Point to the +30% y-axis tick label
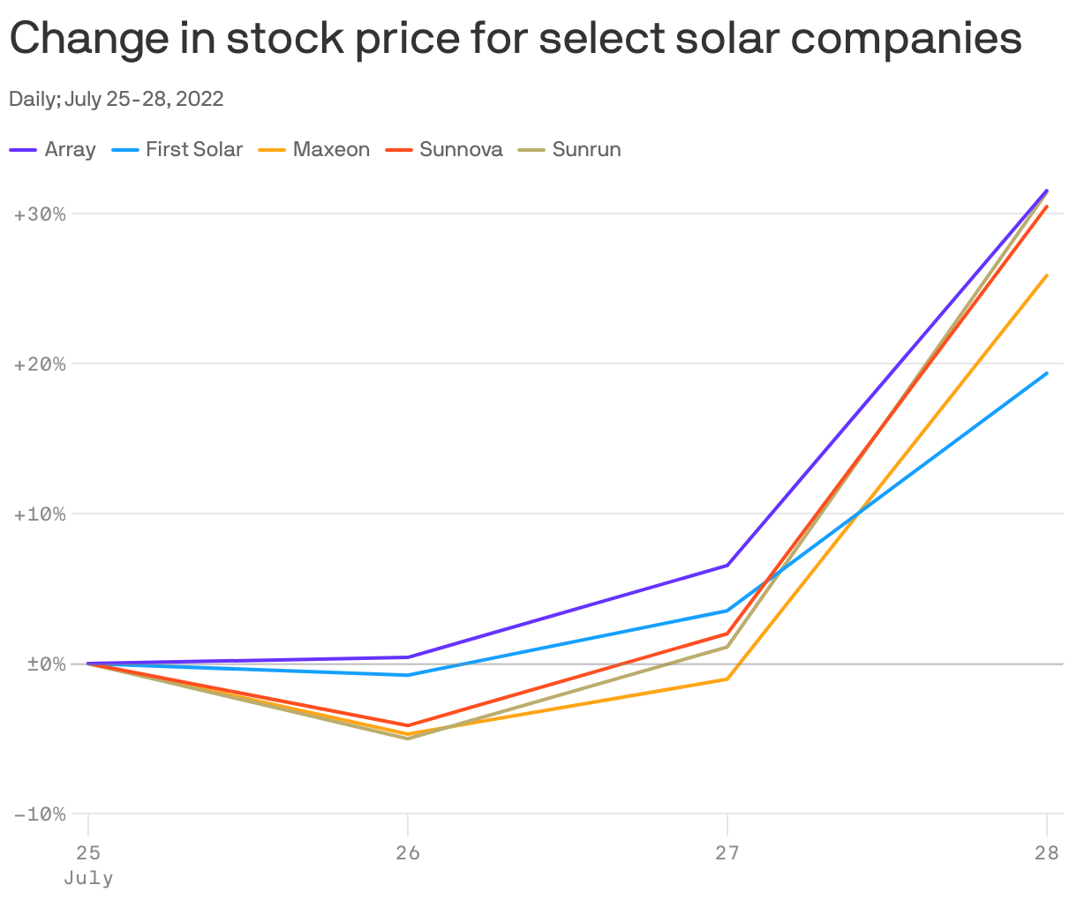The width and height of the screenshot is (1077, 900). point(41,214)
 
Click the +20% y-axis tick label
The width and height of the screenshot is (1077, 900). point(41,364)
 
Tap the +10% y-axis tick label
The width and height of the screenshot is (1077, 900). point(41,514)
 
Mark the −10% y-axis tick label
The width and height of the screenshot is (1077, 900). point(41,814)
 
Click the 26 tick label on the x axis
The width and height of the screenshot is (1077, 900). point(407,852)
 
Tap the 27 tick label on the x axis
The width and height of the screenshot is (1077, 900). point(727,852)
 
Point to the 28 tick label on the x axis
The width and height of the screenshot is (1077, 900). point(1046,852)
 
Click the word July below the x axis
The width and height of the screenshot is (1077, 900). point(88,879)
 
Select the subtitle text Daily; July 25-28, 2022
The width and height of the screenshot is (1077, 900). point(116,99)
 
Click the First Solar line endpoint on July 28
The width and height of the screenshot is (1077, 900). point(1047,373)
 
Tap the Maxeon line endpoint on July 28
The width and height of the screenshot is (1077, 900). point(1047,275)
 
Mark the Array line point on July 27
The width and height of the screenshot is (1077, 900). point(727,565)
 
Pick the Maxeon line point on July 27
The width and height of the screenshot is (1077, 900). point(727,679)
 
